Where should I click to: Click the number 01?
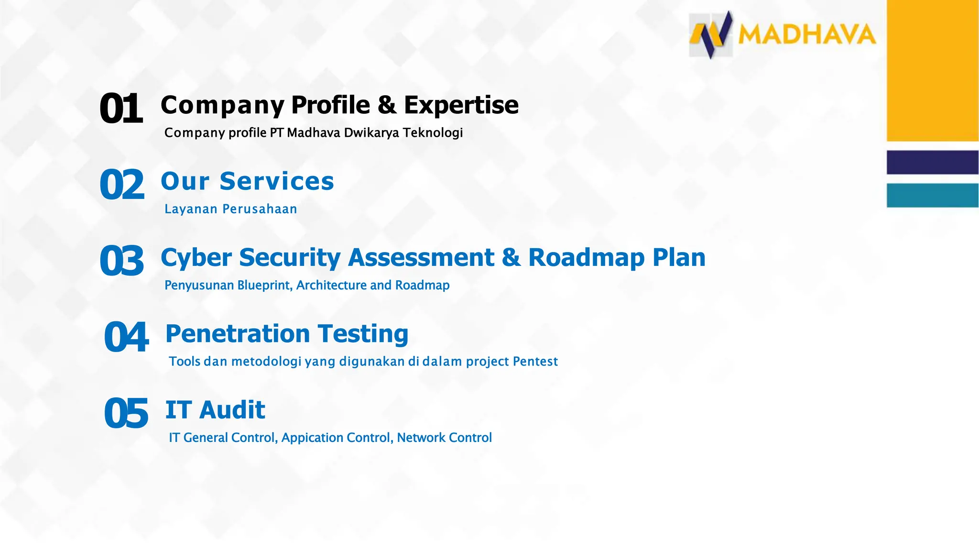[120, 109]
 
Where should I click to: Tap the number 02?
[121, 185]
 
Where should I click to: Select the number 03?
[121, 261]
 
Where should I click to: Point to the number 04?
[126, 337]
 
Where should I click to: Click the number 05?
[126, 413]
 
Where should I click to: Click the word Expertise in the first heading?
[461, 105]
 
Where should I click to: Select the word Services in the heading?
[277, 181]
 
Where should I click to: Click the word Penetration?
[238, 333]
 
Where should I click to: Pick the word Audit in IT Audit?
[232, 410]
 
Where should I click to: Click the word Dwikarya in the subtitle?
[371, 132]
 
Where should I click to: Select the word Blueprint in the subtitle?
[264, 285]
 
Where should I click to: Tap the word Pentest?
[535, 361]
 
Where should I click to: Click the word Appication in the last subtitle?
[312, 438]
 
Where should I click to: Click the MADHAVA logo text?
[807, 35]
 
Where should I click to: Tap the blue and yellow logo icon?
[711, 35]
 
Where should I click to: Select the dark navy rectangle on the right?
[932, 162]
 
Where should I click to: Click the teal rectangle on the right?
[932, 195]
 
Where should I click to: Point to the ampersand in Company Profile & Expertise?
[387, 105]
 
